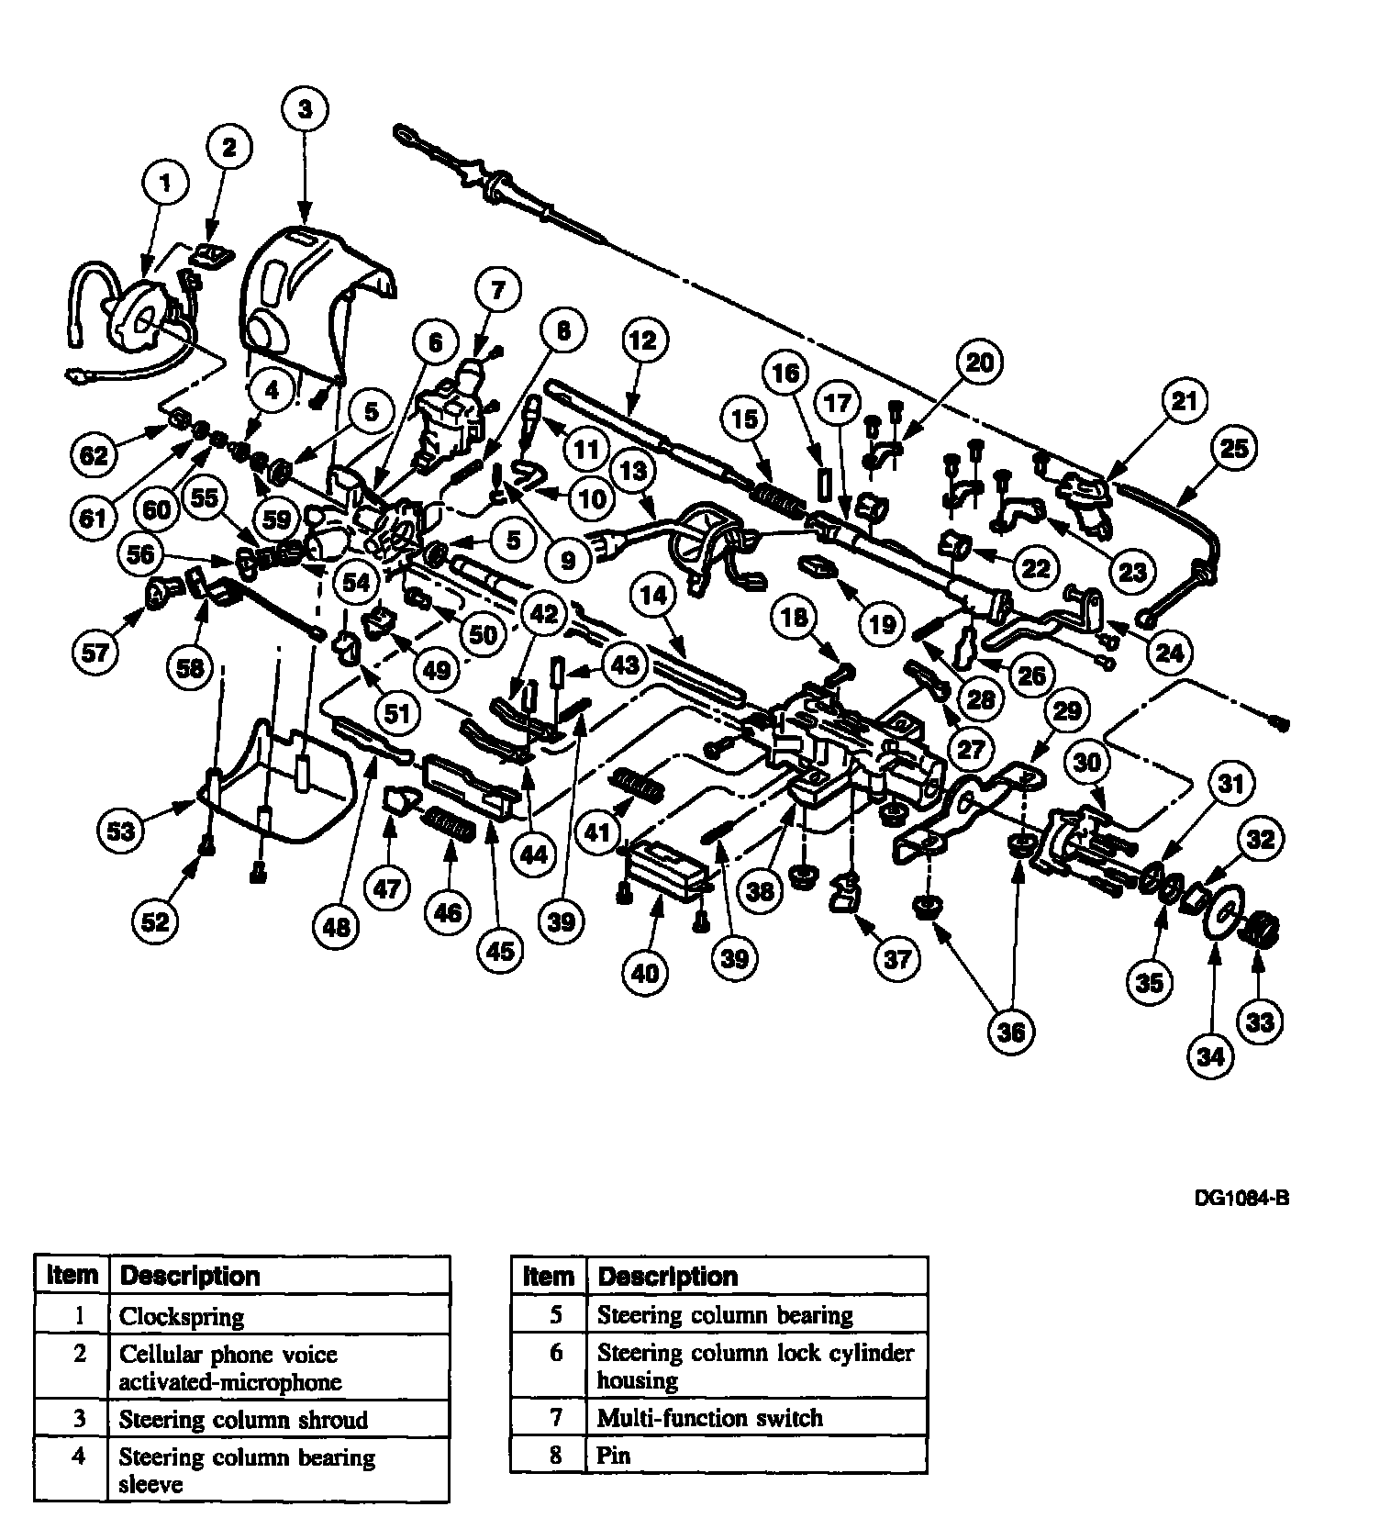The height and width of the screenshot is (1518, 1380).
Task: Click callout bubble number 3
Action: click(305, 109)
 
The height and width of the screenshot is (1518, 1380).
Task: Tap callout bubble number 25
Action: click(1234, 448)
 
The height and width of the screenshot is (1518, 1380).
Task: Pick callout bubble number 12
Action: click(643, 340)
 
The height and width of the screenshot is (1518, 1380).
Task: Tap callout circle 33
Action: click(1261, 1021)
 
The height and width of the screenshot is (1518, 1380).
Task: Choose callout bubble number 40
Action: click(645, 972)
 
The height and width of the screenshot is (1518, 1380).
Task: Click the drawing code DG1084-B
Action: click(1241, 1198)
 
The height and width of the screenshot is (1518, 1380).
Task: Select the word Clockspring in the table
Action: click(182, 1317)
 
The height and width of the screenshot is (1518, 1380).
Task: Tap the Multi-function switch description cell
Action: click(709, 1418)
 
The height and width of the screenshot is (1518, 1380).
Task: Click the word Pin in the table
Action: click(614, 1455)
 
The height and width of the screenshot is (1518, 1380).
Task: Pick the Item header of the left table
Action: click(72, 1275)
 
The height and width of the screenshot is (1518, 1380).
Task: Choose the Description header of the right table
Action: click(667, 1276)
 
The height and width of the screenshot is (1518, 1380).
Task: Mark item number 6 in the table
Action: click(556, 1353)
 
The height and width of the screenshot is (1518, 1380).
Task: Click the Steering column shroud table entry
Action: click(243, 1420)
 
